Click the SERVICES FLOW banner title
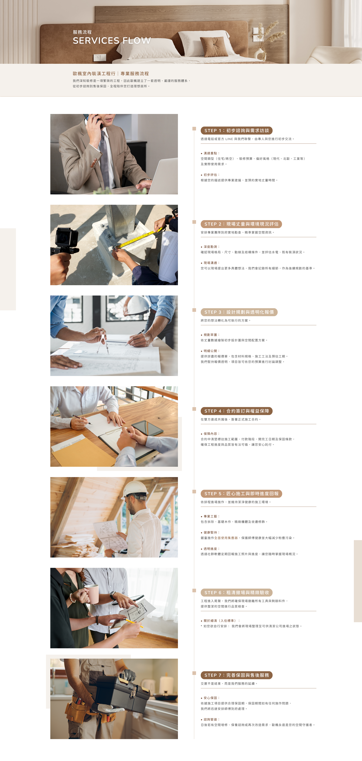click(x=112, y=40)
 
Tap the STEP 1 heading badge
click(x=236, y=130)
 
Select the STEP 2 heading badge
click(x=241, y=224)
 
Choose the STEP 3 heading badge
click(x=239, y=312)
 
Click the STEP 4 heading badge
click(x=236, y=411)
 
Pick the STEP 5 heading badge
click(x=241, y=494)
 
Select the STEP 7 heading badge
click(x=236, y=675)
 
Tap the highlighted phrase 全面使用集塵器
click(x=226, y=538)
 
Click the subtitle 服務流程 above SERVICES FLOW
click(x=82, y=32)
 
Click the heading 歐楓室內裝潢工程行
click(x=94, y=74)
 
